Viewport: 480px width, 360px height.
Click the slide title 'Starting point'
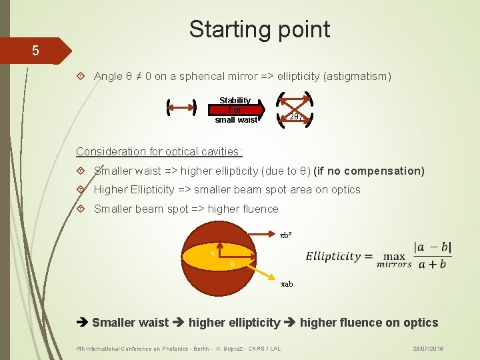tap(259, 29)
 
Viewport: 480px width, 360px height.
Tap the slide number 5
tap(35, 51)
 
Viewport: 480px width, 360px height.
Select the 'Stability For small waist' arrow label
tap(235, 110)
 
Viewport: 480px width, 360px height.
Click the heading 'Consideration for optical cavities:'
tap(159, 151)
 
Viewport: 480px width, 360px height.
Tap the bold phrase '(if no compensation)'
tap(369, 171)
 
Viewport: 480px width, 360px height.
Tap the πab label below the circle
tap(287, 284)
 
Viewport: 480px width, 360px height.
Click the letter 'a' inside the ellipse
tap(212, 253)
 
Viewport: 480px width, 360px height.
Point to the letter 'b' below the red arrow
tap(232, 265)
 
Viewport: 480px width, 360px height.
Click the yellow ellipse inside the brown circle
tap(200, 257)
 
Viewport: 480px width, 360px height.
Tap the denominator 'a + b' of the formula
tap(433, 264)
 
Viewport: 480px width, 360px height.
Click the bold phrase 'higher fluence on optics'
tap(369, 323)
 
